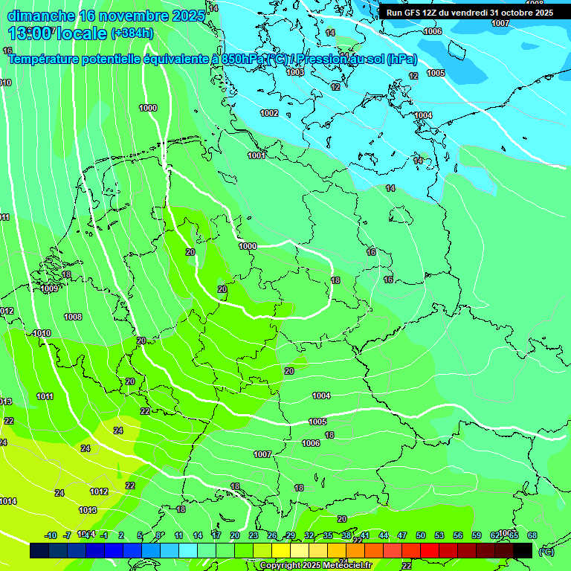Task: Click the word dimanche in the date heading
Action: coord(41,16)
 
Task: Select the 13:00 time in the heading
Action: coord(30,33)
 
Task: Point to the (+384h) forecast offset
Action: coord(132,33)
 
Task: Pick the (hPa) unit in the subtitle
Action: coord(402,59)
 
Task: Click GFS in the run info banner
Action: coord(412,13)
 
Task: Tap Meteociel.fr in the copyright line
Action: coord(335,566)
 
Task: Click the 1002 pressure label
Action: coord(269,113)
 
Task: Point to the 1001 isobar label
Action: coord(257,155)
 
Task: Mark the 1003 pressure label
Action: coord(295,72)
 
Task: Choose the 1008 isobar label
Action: coord(73,317)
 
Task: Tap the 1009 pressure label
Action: coord(50,288)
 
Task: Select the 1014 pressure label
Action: coord(8,502)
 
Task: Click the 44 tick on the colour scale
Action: coord(384,535)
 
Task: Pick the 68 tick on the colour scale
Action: coord(532,535)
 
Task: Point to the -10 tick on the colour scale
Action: coord(51,535)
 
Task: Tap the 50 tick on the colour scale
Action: coord(421,535)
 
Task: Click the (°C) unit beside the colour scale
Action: coord(546,552)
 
